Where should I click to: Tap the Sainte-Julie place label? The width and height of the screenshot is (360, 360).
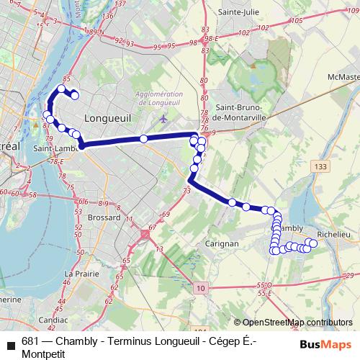(x=239, y=12)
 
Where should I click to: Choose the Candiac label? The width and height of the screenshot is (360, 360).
(x=53, y=318)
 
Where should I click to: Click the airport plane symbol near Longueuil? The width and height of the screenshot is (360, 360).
(x=165, y=118)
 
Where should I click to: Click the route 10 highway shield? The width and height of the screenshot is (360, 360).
(x=202, y=288)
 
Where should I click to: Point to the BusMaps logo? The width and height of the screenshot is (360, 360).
(x=325, y=344)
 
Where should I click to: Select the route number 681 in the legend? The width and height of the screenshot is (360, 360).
(x=30, y=342)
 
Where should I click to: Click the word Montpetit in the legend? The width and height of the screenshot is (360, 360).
(x=43, y=354)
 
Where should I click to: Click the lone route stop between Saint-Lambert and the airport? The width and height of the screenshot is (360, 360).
(x=144, y=138)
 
